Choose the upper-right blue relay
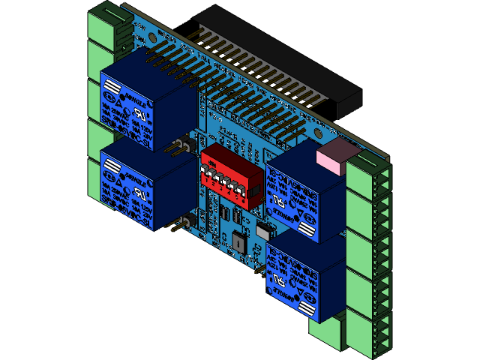(303, 195)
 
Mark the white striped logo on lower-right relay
(307, 308)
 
